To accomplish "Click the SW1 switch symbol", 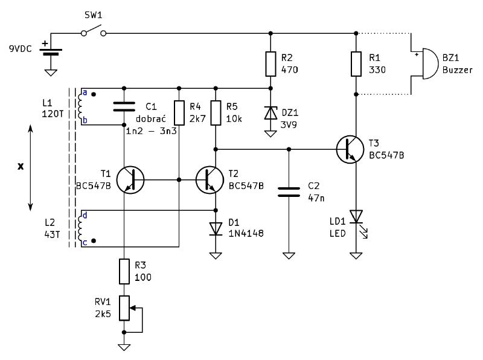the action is (x=94, y=31).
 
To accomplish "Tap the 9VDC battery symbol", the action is (x=51, y=51).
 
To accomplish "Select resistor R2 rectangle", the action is (x=270, y=64).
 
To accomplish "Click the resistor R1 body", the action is (x=356, y=64).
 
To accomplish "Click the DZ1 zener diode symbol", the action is (x=270, y=112).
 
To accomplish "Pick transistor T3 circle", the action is (x=350, y=149).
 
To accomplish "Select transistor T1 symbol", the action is (x=130, y=179).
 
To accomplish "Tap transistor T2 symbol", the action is (x=210, y=179).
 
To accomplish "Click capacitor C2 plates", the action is (x=289, y=191).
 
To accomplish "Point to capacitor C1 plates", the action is (x=124, y=107).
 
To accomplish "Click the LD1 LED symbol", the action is (x=357, y=222).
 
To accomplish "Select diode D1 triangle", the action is (x=216, y=229).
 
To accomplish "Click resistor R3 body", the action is (x=124, y=271).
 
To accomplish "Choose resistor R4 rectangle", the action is (x=179, y=113).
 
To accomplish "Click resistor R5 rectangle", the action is (x=216, y=113).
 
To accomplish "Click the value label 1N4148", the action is (x=246, y=234).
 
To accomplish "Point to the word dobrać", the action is (x=151, y=118).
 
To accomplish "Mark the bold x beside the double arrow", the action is (x=21, y=167).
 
